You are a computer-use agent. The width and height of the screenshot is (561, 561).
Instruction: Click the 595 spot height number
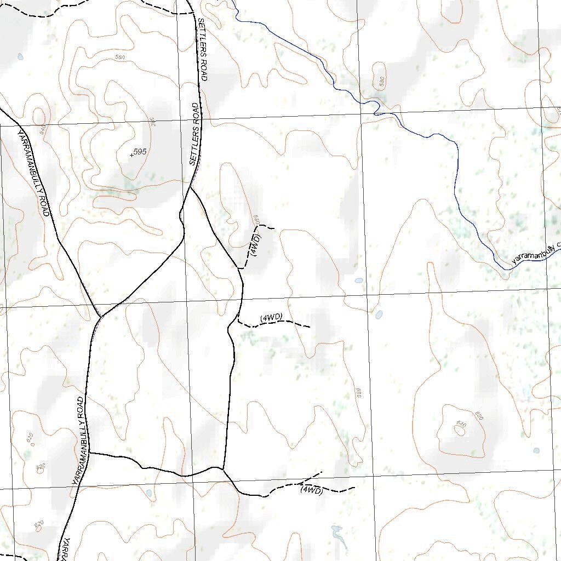[x=140, y=152]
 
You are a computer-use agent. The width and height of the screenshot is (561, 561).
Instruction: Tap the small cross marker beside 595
[x=131, y=155]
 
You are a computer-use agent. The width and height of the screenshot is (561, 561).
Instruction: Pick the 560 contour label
[x=121, y=57]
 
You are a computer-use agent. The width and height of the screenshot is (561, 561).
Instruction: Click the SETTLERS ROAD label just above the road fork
[x=194, y=134]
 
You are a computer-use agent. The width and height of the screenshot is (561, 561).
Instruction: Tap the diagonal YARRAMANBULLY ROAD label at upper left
[x=34, y=173]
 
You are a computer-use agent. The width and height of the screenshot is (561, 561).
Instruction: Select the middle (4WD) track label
[x=271, y=317]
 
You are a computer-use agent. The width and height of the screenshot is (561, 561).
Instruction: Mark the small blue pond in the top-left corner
[x=20, y=56]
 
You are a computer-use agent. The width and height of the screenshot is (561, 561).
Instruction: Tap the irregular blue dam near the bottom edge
[x=337, y=535]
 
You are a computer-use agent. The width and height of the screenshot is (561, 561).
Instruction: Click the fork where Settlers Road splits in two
[x=191, y=187]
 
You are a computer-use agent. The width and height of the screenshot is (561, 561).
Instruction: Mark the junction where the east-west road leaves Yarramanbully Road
[x=89, y=453]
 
